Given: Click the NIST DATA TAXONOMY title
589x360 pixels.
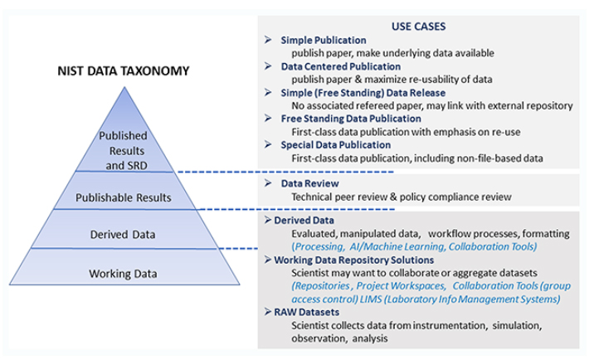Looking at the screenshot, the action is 124,71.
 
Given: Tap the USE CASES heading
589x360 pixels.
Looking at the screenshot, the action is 418,27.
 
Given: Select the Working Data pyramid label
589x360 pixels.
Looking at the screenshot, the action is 123,274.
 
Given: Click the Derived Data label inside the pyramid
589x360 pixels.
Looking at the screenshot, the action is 123,235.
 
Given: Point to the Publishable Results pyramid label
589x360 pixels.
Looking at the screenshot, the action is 124,197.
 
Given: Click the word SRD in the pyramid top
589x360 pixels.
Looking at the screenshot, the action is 137,166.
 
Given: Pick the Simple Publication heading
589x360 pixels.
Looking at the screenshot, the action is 324,40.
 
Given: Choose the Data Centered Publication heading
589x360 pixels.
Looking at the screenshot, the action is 341,66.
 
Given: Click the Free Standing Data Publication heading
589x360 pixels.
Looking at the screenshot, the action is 351,119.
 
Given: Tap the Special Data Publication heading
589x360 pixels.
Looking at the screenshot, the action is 336,145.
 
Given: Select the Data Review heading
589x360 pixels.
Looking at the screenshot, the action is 310,183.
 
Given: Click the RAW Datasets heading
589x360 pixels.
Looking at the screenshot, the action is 306,312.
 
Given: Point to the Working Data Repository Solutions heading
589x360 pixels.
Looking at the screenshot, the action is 354,260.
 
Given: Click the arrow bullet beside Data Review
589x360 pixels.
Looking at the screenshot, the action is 268,183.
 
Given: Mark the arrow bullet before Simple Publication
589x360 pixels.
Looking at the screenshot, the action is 268,40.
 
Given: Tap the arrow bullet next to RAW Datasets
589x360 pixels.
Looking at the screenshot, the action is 268,312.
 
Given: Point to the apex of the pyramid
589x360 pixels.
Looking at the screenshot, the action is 124,87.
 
